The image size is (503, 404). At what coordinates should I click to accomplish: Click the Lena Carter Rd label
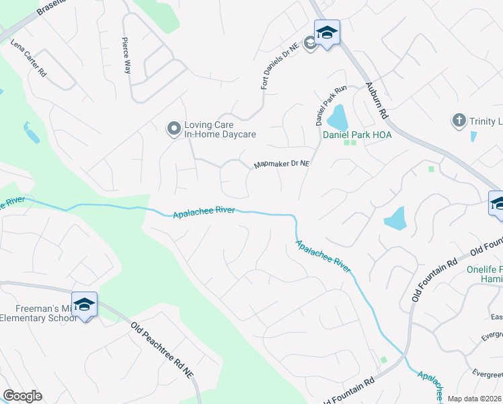tap(28, 58)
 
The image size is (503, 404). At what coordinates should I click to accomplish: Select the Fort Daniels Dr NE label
tap(277, 66)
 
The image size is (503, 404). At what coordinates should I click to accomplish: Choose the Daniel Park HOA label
tap(357, 135)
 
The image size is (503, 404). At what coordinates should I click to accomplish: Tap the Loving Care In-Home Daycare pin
tap(173, 127)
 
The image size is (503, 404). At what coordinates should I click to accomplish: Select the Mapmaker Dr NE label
tap(281, 164)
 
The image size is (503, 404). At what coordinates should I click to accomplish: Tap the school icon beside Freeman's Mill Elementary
tap(85, 305)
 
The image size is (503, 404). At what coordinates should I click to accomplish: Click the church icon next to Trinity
tap(459, 121)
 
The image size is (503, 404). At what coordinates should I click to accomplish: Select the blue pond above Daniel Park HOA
tap(337, 118)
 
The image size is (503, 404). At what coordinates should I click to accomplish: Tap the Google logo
tap(22, 396)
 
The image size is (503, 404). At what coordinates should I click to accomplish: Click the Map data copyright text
tap(473, 399)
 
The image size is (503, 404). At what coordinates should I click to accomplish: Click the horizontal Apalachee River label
tap(204, 212)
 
